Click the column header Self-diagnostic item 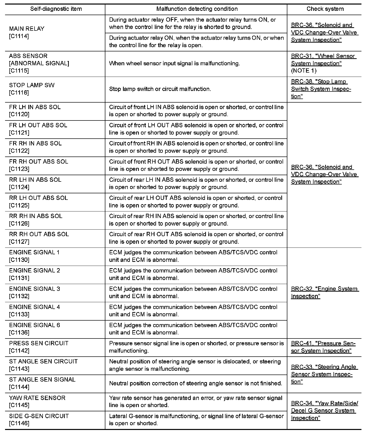56,9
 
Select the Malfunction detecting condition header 197,9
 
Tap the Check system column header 325,9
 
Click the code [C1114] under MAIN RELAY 19,36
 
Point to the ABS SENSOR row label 28,56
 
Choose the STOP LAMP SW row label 32,85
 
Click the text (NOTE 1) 303,71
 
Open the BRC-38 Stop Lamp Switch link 321,89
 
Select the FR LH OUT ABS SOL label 38,125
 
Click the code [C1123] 19,169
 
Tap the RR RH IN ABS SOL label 36,216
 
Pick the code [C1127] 19,242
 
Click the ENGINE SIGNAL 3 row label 35,289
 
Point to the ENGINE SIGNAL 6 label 35,325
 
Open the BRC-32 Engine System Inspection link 324,292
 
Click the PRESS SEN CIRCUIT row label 39,343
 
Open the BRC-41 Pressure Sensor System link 323,347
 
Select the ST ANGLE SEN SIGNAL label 42,380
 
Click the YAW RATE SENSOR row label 37,398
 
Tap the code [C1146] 19,423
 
